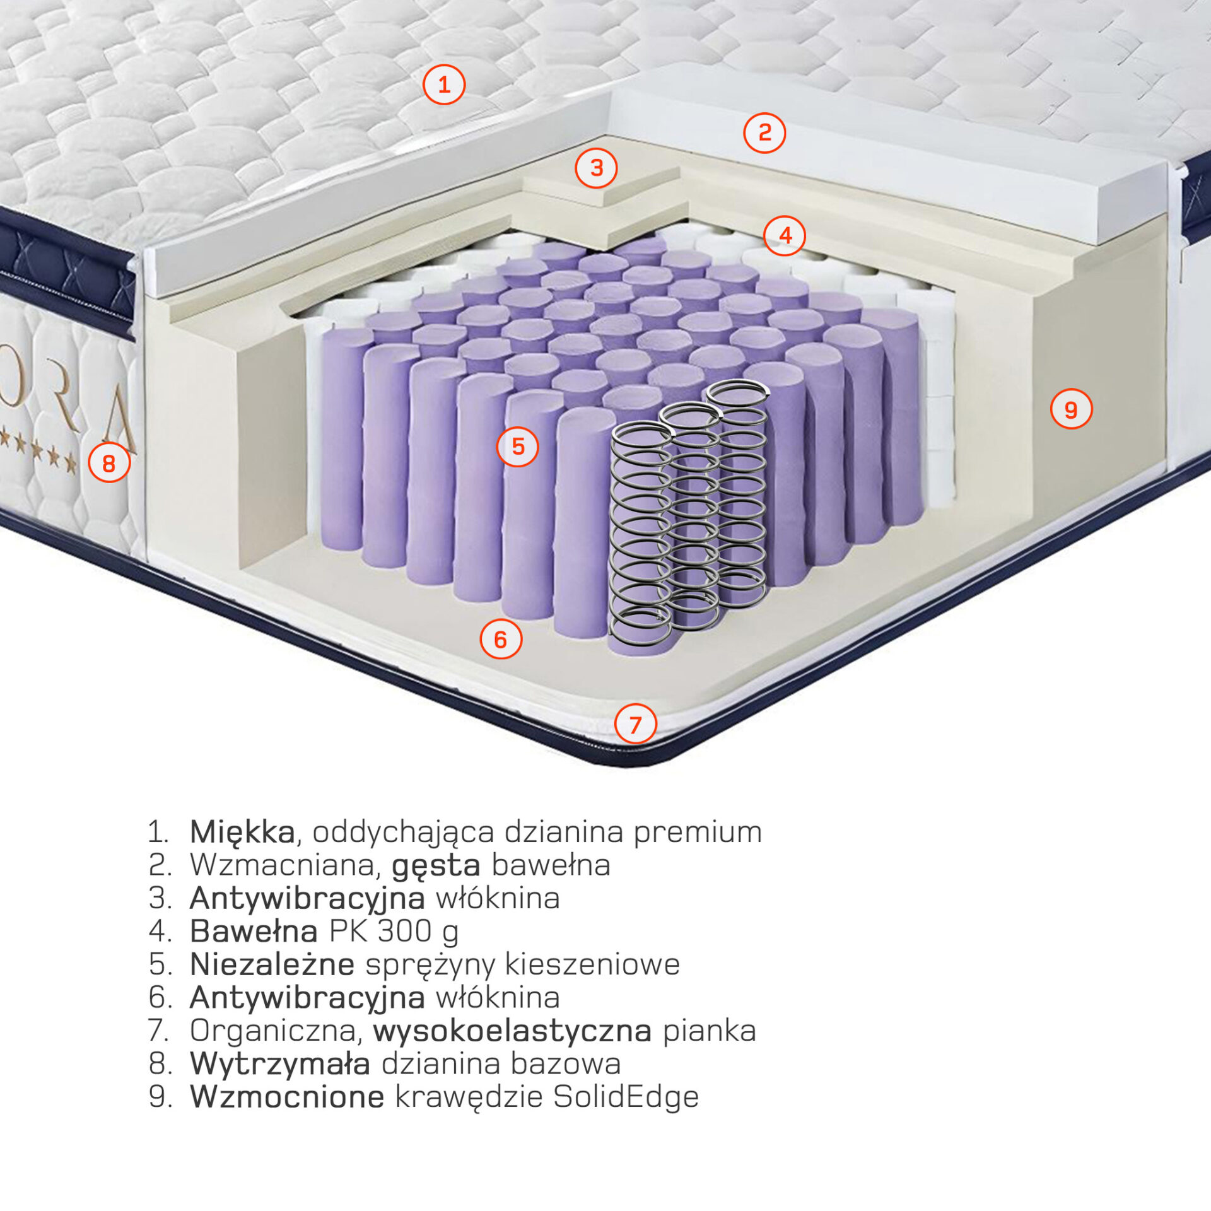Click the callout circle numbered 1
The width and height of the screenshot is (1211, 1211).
443,85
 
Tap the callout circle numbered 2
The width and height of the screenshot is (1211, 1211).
764,132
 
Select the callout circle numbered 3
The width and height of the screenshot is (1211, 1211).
596,168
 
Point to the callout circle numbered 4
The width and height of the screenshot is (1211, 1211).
785,235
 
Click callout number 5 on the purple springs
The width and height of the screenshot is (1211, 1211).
517,447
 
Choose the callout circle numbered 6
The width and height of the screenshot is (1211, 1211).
501,639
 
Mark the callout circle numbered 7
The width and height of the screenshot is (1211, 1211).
635,724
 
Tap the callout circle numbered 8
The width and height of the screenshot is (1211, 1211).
109,463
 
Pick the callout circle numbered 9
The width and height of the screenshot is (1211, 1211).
1071,409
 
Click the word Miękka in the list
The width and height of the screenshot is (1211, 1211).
242,833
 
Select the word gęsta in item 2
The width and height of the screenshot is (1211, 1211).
436,866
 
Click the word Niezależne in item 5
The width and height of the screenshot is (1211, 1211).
272,965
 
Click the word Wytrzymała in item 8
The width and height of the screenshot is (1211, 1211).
280,1065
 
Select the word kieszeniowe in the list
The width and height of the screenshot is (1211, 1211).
592,965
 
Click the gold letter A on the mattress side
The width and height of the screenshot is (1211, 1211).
120,412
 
